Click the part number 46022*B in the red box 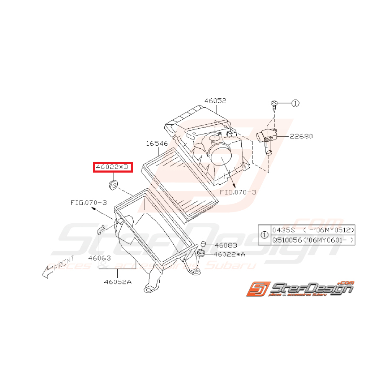point(113,168)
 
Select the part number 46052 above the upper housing point(215,101)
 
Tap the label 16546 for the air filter point(157,144)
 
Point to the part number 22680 point(301,136)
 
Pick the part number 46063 point(99,258)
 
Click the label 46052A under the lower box point(118,282)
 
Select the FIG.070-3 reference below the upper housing point(238,192)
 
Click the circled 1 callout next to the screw point(295,103)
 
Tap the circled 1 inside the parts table point(264,235)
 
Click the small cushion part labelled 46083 point(203,244)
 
